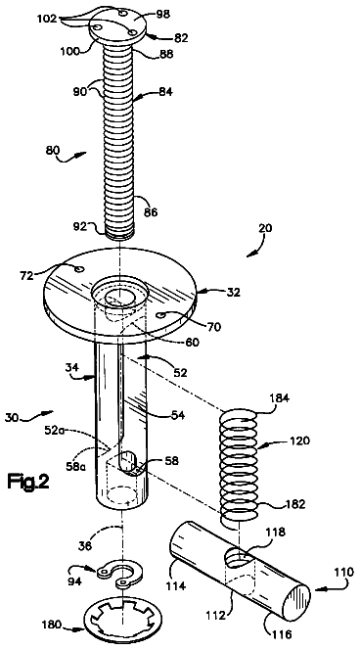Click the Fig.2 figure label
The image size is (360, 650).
pyautogui.click(x=28, y=482)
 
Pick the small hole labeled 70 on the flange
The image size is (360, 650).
pyautogui.click(x=160, y=316)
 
